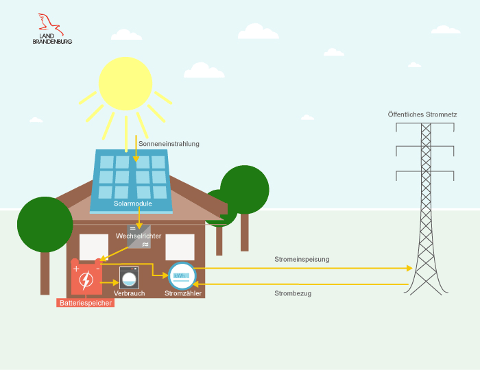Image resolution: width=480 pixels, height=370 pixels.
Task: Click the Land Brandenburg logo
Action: tap(52, 29)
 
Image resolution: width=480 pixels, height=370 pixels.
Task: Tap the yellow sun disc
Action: tap(125, 84)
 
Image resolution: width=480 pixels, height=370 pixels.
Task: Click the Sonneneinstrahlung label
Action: tap(169, 144)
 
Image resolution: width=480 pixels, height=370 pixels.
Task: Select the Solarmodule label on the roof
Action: tap(132, 203)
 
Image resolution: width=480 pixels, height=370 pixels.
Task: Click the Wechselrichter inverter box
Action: tap(139, 236)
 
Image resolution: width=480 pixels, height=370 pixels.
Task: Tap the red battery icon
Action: tap(86, 278)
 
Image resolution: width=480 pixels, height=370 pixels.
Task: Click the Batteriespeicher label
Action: tap(85, 302)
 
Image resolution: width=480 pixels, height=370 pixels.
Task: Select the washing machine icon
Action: tap(129, 277)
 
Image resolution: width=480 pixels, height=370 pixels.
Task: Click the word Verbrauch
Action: tap(129, 293)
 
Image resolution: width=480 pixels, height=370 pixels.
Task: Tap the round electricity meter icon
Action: tap(182, 276)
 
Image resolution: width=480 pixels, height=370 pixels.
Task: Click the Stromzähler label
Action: tap(183, 293)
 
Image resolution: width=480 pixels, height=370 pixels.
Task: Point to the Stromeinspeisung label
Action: tap(302, 259)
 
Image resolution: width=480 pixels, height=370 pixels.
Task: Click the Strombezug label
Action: tap(293, 293)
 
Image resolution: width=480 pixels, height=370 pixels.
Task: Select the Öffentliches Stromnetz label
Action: tap(422, 114)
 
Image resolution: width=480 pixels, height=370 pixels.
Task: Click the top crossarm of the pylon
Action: tap(425, 146)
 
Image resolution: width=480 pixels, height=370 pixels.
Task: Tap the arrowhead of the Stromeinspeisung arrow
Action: tap(409, 268)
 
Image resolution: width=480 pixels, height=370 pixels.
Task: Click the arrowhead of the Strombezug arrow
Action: tap(199, 284)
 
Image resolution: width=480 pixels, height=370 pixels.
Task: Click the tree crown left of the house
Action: tap(45, 224)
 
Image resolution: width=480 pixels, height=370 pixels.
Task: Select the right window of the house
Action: tap(180, 247)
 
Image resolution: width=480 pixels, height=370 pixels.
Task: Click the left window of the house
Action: tap(94, 247)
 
